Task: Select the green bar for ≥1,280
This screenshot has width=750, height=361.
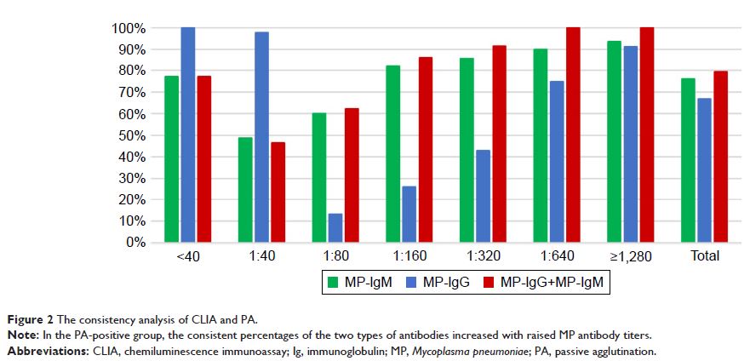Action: click(614, 141)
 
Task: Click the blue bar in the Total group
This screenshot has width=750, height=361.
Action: click(704, 169)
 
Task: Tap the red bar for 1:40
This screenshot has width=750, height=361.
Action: click(278, 192)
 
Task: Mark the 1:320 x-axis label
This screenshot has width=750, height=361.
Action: click(484, 255)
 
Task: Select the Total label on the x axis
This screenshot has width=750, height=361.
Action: click(704, 255)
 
